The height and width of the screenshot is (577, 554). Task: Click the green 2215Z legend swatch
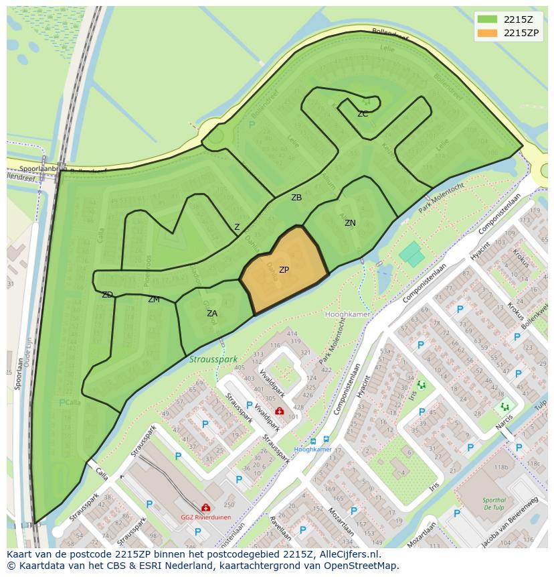click(x=488, y=19)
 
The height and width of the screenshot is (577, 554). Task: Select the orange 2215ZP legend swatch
click(x=488, y=33)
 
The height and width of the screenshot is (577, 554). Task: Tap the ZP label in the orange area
click(x=284, y=270)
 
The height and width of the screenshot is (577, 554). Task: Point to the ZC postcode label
click(x=363, y=114)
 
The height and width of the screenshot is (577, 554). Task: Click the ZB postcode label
click(x=296, y=198)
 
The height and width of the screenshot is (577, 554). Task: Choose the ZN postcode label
click(x=350, y=223)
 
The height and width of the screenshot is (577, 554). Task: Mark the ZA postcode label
click(x=212, y=314)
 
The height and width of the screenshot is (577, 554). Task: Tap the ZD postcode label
click(x=107, y=295)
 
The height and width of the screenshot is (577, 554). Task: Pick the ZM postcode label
click(x=154, y=300)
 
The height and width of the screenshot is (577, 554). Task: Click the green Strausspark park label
click(x=213, y=360)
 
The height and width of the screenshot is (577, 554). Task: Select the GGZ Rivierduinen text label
click(x=205, y=517)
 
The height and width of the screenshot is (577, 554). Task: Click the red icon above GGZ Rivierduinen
click(x=206, y=508)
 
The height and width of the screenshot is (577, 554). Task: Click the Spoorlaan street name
click(x=19, y=373)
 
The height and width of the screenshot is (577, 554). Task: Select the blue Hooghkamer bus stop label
click(x=312, y=450)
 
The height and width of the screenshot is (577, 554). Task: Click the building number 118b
click(x=501, y=467)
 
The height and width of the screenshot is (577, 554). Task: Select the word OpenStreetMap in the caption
click(x=359, y=566)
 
